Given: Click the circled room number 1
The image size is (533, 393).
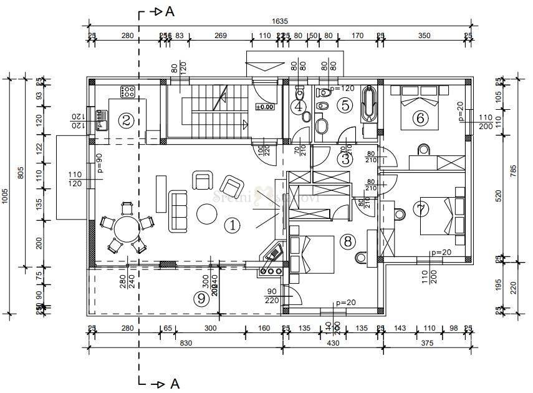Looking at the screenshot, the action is (x=232, y=225).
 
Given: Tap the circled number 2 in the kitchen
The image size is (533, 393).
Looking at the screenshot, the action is (x=126, y=120).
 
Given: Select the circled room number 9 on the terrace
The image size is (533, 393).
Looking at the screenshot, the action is (x=201, y=299).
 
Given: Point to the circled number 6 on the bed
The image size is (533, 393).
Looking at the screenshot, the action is (x=420, y=118).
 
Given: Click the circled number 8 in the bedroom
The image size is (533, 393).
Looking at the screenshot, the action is (x=347, y=241).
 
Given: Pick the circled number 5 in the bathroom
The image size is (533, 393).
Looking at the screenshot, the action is (x=347, y=105).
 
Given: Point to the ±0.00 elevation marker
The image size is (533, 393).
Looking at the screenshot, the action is (x=264, y=107).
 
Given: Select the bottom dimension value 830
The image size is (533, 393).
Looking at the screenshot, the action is (x=186, y=343).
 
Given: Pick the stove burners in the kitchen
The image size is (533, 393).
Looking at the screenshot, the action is (x=128, y=91).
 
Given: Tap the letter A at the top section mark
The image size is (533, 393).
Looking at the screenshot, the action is (x=169, y=11).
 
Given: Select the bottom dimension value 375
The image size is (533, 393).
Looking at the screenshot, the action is (x=427, y=343).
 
